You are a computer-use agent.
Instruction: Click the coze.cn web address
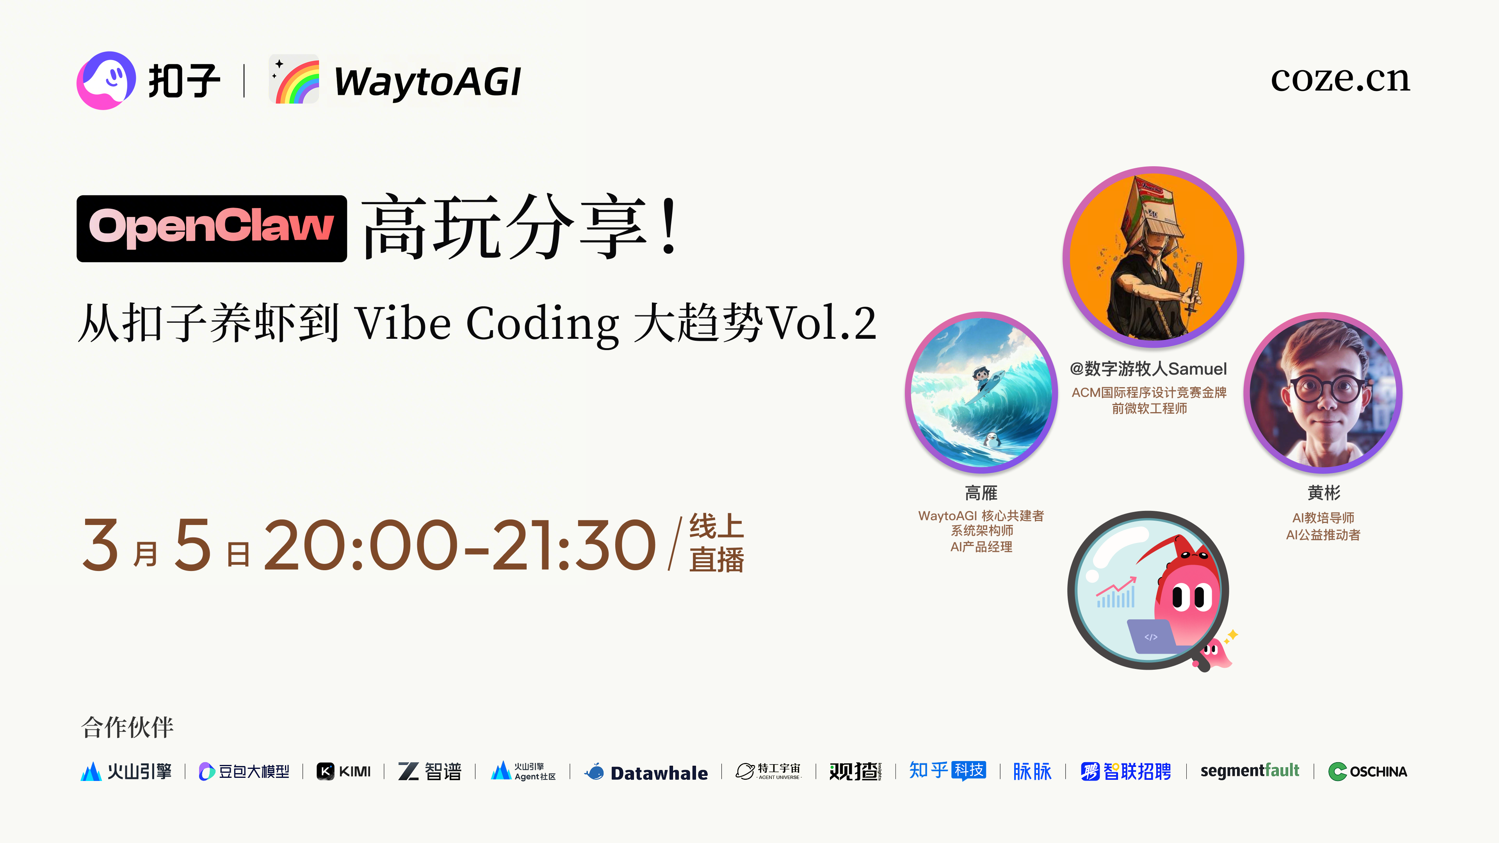click(1340, 79)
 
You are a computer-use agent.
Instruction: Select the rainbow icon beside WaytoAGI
click(294, 80)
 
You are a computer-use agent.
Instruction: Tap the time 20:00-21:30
click(460, 546)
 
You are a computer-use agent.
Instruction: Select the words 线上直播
click(716, 543)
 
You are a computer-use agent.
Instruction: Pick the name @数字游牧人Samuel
click(1148, 369)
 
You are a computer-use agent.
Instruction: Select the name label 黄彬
click(1324, 493)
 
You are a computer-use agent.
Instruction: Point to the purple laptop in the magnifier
click(1150, 637)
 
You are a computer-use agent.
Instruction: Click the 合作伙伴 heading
click(127, 727)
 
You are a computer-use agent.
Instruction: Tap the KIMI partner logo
click(344, 772)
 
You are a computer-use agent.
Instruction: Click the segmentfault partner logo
click(1249, 771)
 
